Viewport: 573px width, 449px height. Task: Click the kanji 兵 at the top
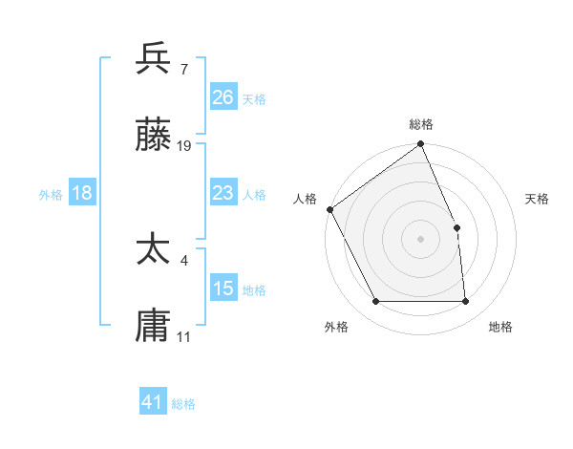[154, 59]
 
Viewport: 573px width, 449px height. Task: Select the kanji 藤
[154, 137]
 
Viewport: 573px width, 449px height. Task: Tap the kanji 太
[154, 249]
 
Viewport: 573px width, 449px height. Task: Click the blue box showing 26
[223, 96]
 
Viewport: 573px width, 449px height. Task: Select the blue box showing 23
[223, 193]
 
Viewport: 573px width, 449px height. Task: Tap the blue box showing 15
[223, 289]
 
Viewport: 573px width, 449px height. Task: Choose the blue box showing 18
[81, 193]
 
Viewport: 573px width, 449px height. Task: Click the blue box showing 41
[153, 402]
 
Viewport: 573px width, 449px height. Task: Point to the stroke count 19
[184, 146]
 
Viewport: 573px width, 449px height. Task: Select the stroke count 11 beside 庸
[184, 336]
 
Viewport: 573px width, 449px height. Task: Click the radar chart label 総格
[421, 124]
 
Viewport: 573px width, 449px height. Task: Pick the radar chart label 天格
[537, 199]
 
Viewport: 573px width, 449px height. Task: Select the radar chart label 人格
[305, 199]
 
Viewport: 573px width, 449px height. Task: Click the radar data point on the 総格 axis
[421, 145]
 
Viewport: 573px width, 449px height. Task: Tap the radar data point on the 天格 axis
[456, 227]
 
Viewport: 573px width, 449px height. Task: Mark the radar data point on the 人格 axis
[329, 209]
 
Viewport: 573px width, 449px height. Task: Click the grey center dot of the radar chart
[421, 239]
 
